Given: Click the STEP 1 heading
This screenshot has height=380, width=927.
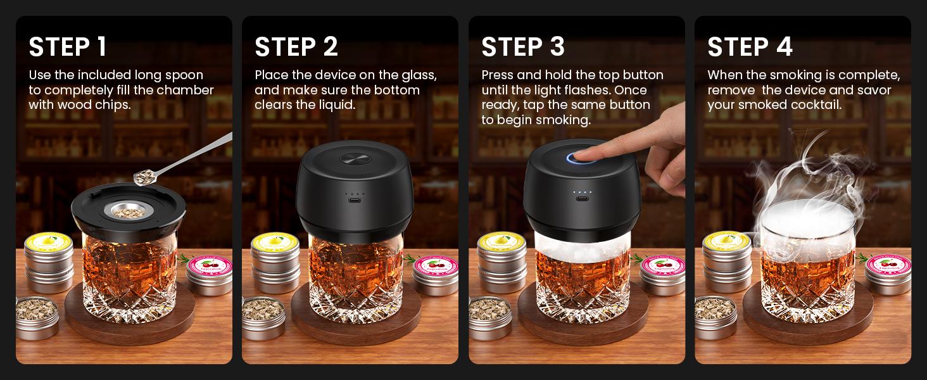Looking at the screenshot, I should point(68,47).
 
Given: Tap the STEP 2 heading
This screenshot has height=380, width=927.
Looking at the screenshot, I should point(296,47).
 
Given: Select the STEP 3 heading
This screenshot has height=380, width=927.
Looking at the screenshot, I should point(523,47).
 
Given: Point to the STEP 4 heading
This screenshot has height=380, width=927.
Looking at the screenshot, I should point(750,47).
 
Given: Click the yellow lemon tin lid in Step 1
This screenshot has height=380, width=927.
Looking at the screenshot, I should point(47,241).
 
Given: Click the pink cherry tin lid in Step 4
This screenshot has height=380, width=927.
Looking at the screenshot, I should point(888,262).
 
